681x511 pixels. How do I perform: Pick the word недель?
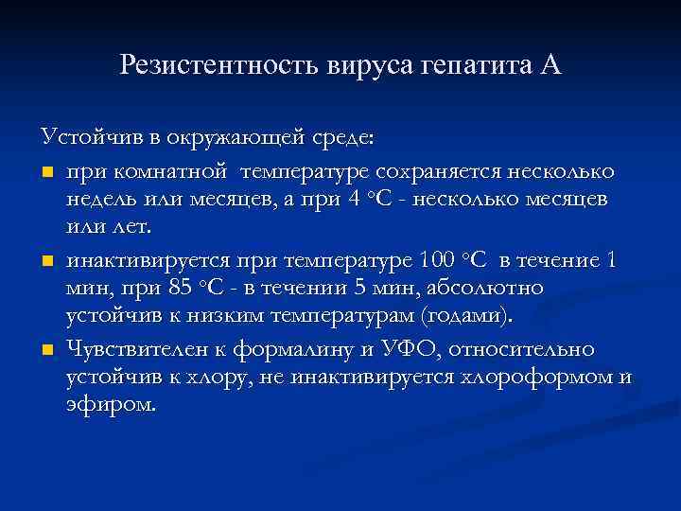point(99,202)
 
